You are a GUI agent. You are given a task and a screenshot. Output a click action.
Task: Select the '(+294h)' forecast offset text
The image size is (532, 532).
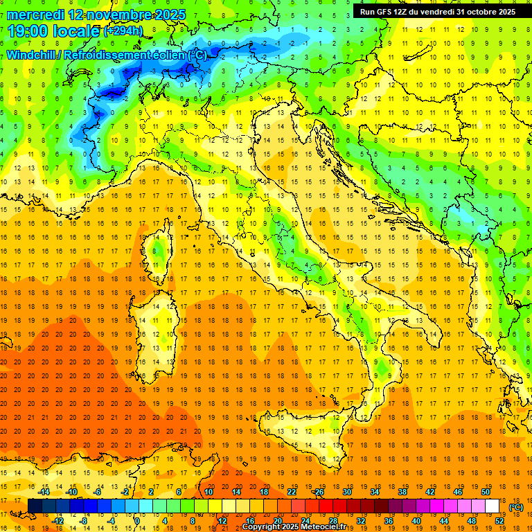tap(123, 31)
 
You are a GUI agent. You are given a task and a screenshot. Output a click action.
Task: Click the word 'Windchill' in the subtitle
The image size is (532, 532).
tap(32, 55)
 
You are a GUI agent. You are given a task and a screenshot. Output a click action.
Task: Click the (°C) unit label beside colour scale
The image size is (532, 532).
tap(517, 507)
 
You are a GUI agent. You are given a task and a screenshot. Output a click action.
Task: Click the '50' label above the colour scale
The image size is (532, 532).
tap(486, 492)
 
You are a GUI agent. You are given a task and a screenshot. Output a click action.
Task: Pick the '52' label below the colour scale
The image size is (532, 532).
tap(499, 521)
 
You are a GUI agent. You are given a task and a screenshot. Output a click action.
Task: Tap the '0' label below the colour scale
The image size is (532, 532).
tap(137, 521)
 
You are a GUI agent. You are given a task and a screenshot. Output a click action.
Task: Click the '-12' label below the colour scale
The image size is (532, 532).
tap(57, 521)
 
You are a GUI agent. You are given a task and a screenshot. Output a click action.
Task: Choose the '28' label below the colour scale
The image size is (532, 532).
tap(332, 521)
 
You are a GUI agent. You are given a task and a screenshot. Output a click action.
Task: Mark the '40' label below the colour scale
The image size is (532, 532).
tap(416, 521)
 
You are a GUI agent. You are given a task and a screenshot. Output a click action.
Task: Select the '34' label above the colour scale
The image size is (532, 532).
tap(374, 492)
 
